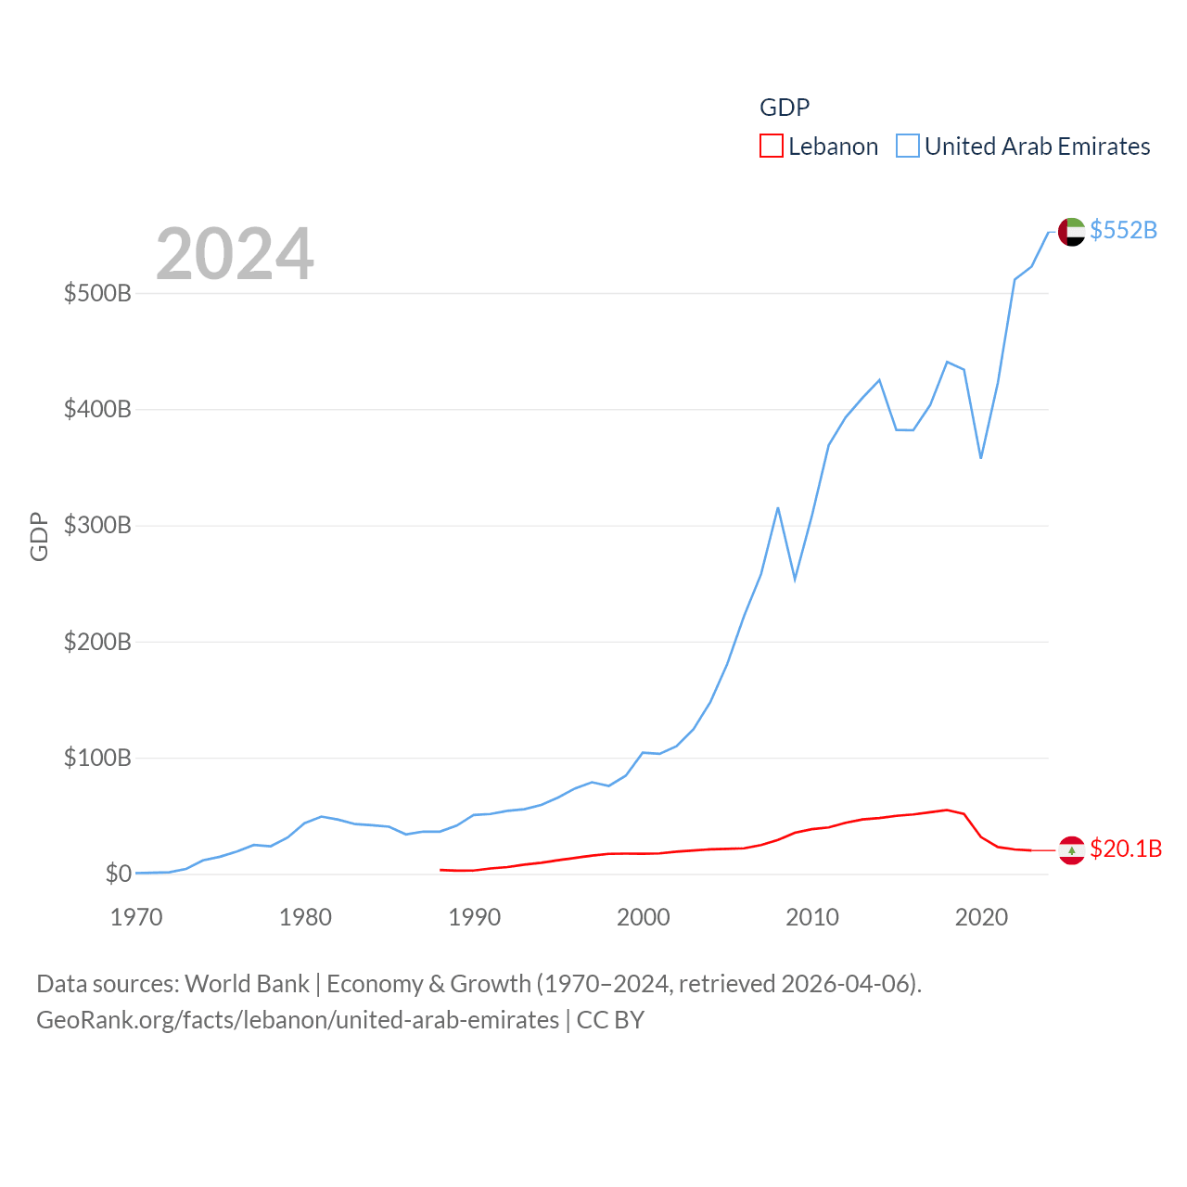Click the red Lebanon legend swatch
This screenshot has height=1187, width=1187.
[771, 147]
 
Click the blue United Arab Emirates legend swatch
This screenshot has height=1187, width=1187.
[907, 147]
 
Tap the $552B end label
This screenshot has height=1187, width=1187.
[1123, 230]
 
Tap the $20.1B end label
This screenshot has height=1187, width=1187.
[1126, 849]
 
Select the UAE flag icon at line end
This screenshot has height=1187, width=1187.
[1071, 232]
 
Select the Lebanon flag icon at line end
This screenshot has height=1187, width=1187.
[1071, 849]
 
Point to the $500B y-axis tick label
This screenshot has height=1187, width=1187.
[97, 294]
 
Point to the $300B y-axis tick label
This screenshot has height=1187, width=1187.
[97, 526]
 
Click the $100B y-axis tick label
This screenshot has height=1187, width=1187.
[97, 759]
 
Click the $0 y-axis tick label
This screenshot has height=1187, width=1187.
[118, 874]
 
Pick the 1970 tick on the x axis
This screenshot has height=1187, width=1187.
[136, 917]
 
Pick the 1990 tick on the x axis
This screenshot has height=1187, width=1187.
[474, 917]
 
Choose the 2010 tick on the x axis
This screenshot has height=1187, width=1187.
[812, 917]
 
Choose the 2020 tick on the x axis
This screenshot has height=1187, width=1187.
[981, 917]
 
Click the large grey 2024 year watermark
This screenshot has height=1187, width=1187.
[235, 254]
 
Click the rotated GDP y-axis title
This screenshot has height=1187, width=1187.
[39, 536]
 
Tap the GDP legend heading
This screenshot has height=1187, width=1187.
[785, 108]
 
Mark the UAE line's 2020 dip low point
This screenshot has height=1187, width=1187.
[981, 457]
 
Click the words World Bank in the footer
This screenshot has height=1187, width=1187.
[247, 984]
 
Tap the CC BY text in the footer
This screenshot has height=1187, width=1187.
[610, 1020]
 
